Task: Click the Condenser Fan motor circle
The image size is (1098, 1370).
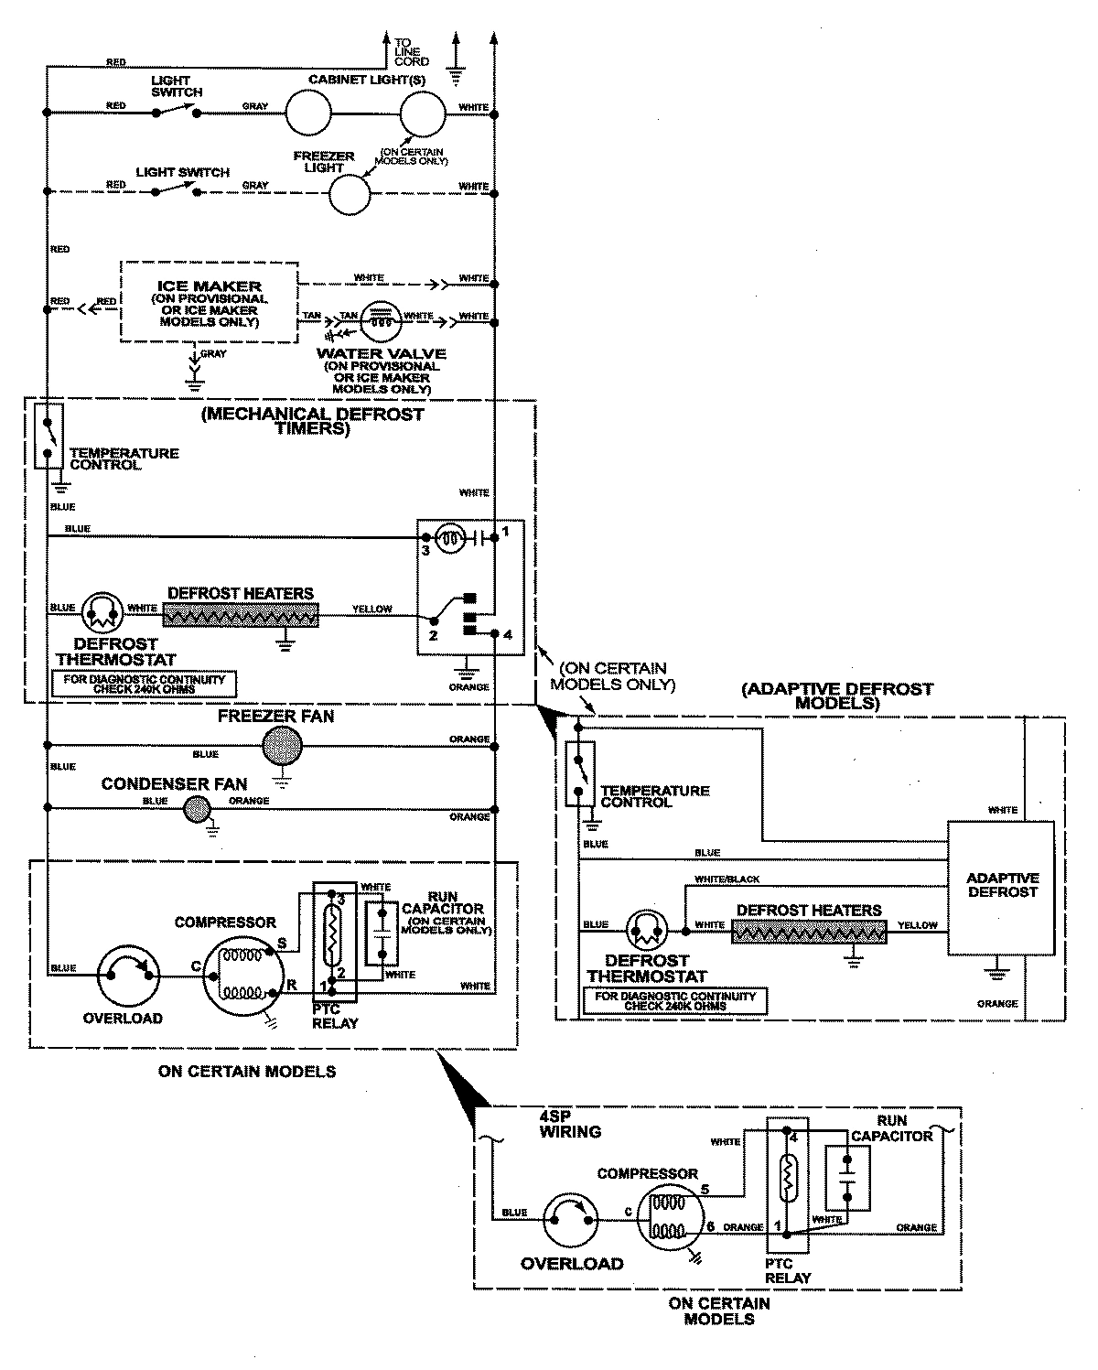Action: pyautogui.click(x=195, y=809)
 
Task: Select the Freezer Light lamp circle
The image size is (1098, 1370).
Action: pyautogui.click(x=350, y=193)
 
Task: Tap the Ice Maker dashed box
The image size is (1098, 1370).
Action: pyautogui.click(x=210, y=302)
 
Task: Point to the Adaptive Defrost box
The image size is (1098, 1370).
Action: pyautogui.click(x=1001, y=886)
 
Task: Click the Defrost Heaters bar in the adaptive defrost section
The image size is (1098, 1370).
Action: pyautogui.click(x=809, y=933)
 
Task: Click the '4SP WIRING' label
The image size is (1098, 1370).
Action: pyautogui.click(x=570, y=1125)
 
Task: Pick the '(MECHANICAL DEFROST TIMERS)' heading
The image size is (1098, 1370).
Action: pyautogui.click(x=312, y=420)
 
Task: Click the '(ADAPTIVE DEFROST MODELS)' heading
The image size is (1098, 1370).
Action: pyautogui.click(x=837, y=696)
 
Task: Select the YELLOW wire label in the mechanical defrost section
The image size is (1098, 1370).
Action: pyautogui.click(x=371, y=609)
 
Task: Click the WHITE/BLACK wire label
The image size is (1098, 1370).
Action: pyautogui.click(x=727, y=879)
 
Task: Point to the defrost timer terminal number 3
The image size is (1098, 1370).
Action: pyautogui.click(x=425, y=551)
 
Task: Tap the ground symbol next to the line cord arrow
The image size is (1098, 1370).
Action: pyautogui.click(x=455, y=73)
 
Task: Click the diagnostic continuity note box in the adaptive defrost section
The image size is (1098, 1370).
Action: pyautogui.click(x=676, y=1000)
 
